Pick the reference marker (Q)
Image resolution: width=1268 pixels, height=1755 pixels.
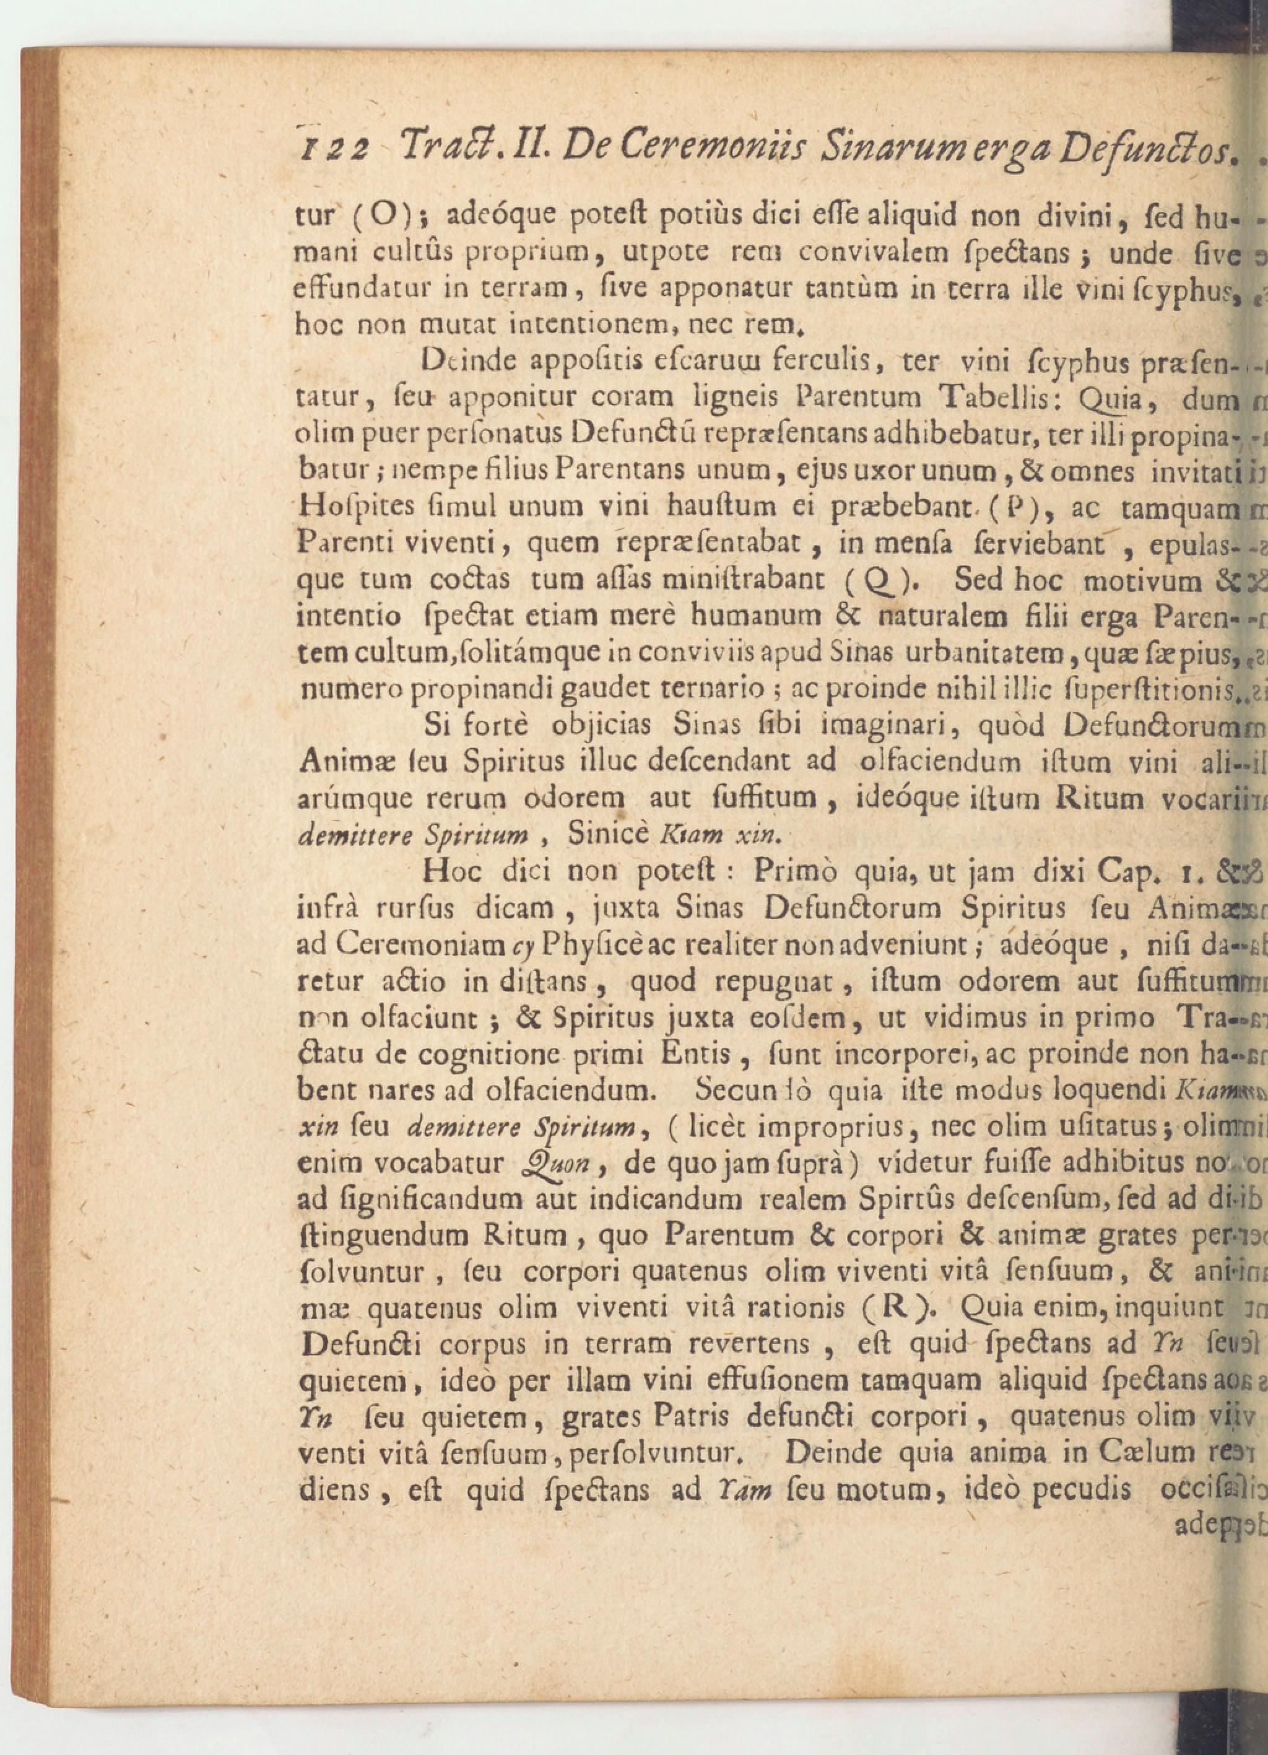(x=875, y=580)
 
